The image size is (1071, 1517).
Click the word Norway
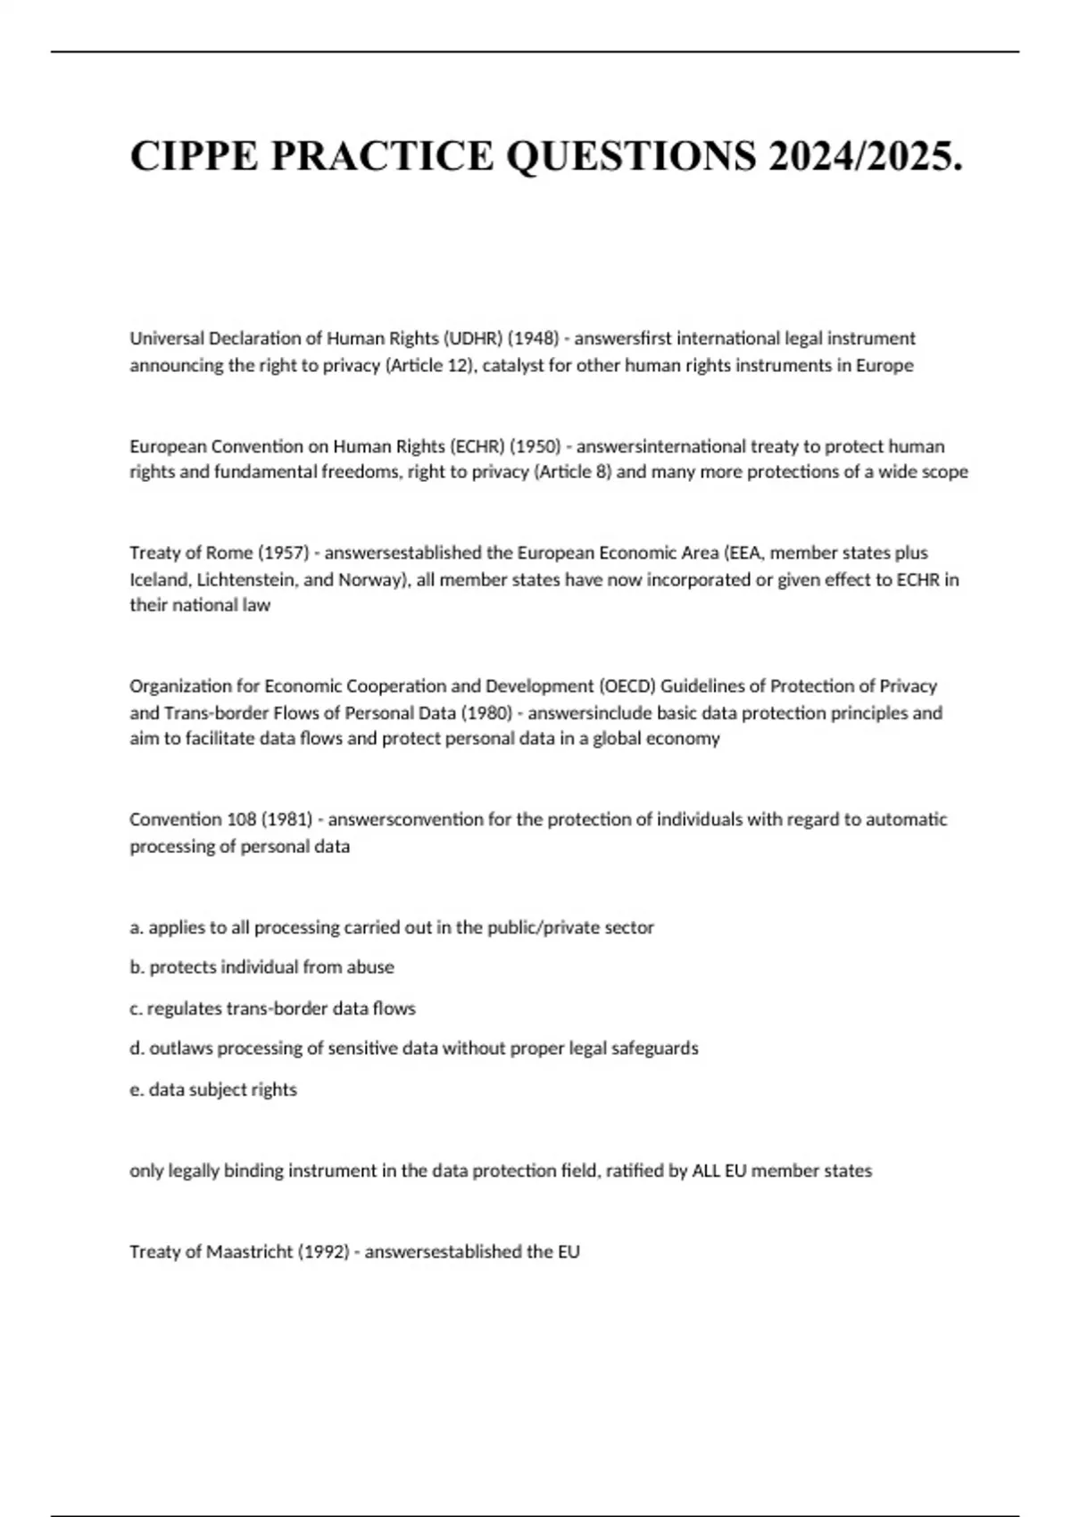coord(370,579)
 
